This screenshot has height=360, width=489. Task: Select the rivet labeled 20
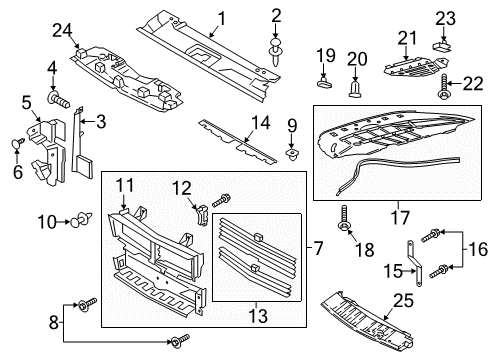356,93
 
